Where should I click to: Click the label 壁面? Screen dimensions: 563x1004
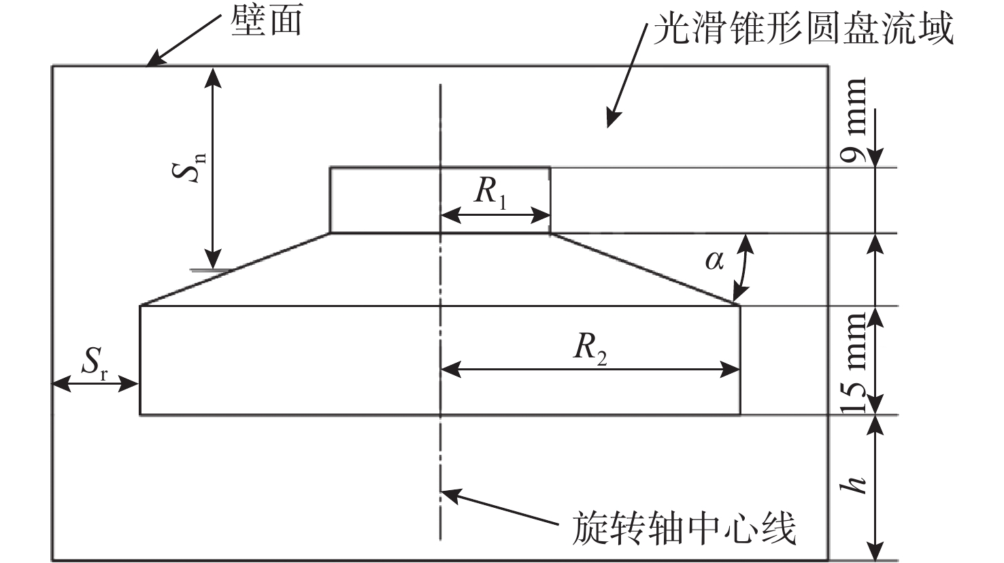267,21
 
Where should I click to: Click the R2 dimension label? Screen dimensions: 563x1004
589,349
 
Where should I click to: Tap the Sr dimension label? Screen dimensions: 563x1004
96,366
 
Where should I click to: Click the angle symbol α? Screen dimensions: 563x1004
714,259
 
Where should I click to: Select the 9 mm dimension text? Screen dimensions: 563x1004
854,119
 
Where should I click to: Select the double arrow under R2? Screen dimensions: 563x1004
590,370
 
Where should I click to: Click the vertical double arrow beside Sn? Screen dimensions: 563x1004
214,167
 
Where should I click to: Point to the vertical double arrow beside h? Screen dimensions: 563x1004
875,487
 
